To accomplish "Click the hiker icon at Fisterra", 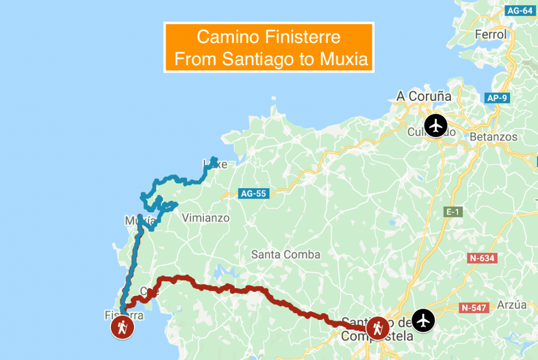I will pos(122,328).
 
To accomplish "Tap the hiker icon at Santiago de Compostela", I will pos(377,328).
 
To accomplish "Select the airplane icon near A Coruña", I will pos(436,126).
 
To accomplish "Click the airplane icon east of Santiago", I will pos(423,320).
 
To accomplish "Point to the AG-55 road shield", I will pos(253,193).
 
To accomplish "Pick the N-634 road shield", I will pos(482,258).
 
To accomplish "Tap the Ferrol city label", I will pos(491,35).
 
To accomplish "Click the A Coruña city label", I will pos(423,96).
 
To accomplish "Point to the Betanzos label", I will pos(493,137).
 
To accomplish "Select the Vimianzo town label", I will pos(205,218).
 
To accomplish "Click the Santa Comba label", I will pos(285,255).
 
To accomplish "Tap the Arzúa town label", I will pos(511,305).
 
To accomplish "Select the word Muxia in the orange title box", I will pos(344,60).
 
